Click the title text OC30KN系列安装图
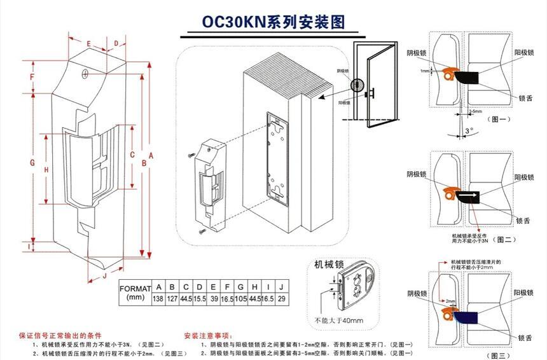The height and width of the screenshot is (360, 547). coord(273,22)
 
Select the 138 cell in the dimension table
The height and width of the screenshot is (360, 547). coord(158,299)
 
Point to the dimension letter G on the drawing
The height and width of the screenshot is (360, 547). coord(32,162)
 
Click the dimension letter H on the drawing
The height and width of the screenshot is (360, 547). coord(46,170)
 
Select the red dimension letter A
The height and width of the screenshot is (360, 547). coord(151,155)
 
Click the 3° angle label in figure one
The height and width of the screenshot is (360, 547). coord(469,131)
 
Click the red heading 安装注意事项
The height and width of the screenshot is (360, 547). coord(208,335)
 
